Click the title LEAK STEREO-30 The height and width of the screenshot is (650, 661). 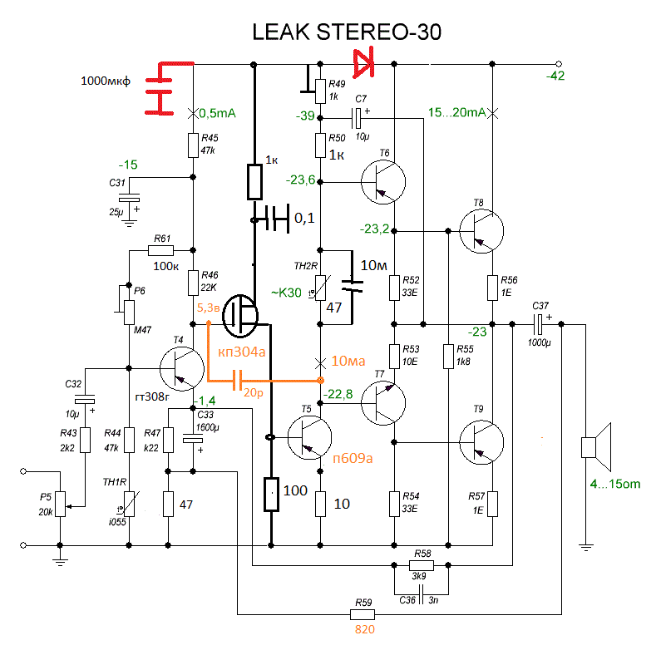pos(348,32)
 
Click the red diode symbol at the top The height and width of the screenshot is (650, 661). pos(364,62)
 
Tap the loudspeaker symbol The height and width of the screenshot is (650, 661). pos(596,446)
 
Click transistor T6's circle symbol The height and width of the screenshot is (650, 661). pos(384,181)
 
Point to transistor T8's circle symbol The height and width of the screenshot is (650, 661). pos(481,231)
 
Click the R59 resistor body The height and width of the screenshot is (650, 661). pos(363,614)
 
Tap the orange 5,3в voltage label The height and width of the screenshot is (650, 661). pos(208,308)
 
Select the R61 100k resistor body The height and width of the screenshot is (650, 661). pos(160,249)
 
